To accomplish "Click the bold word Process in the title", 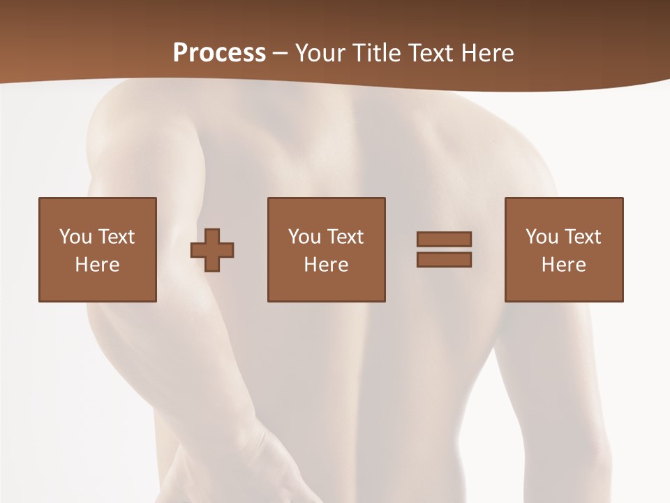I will [x=219, y=52].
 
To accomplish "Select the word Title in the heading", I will [x=375, y=52].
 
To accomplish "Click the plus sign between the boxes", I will [x=212, y=250].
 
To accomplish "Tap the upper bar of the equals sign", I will [x=444, y=239].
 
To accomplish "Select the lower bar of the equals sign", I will [x=444, y=259].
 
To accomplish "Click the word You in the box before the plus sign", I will [x=75, y=237].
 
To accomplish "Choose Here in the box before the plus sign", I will [x=97, y=265].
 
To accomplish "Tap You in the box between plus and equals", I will [x=304, y=237].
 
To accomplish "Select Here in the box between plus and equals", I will [x=326, y=265].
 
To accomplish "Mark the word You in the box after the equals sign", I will [x=542, y=237].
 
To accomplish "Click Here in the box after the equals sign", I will [x=563, y=265].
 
